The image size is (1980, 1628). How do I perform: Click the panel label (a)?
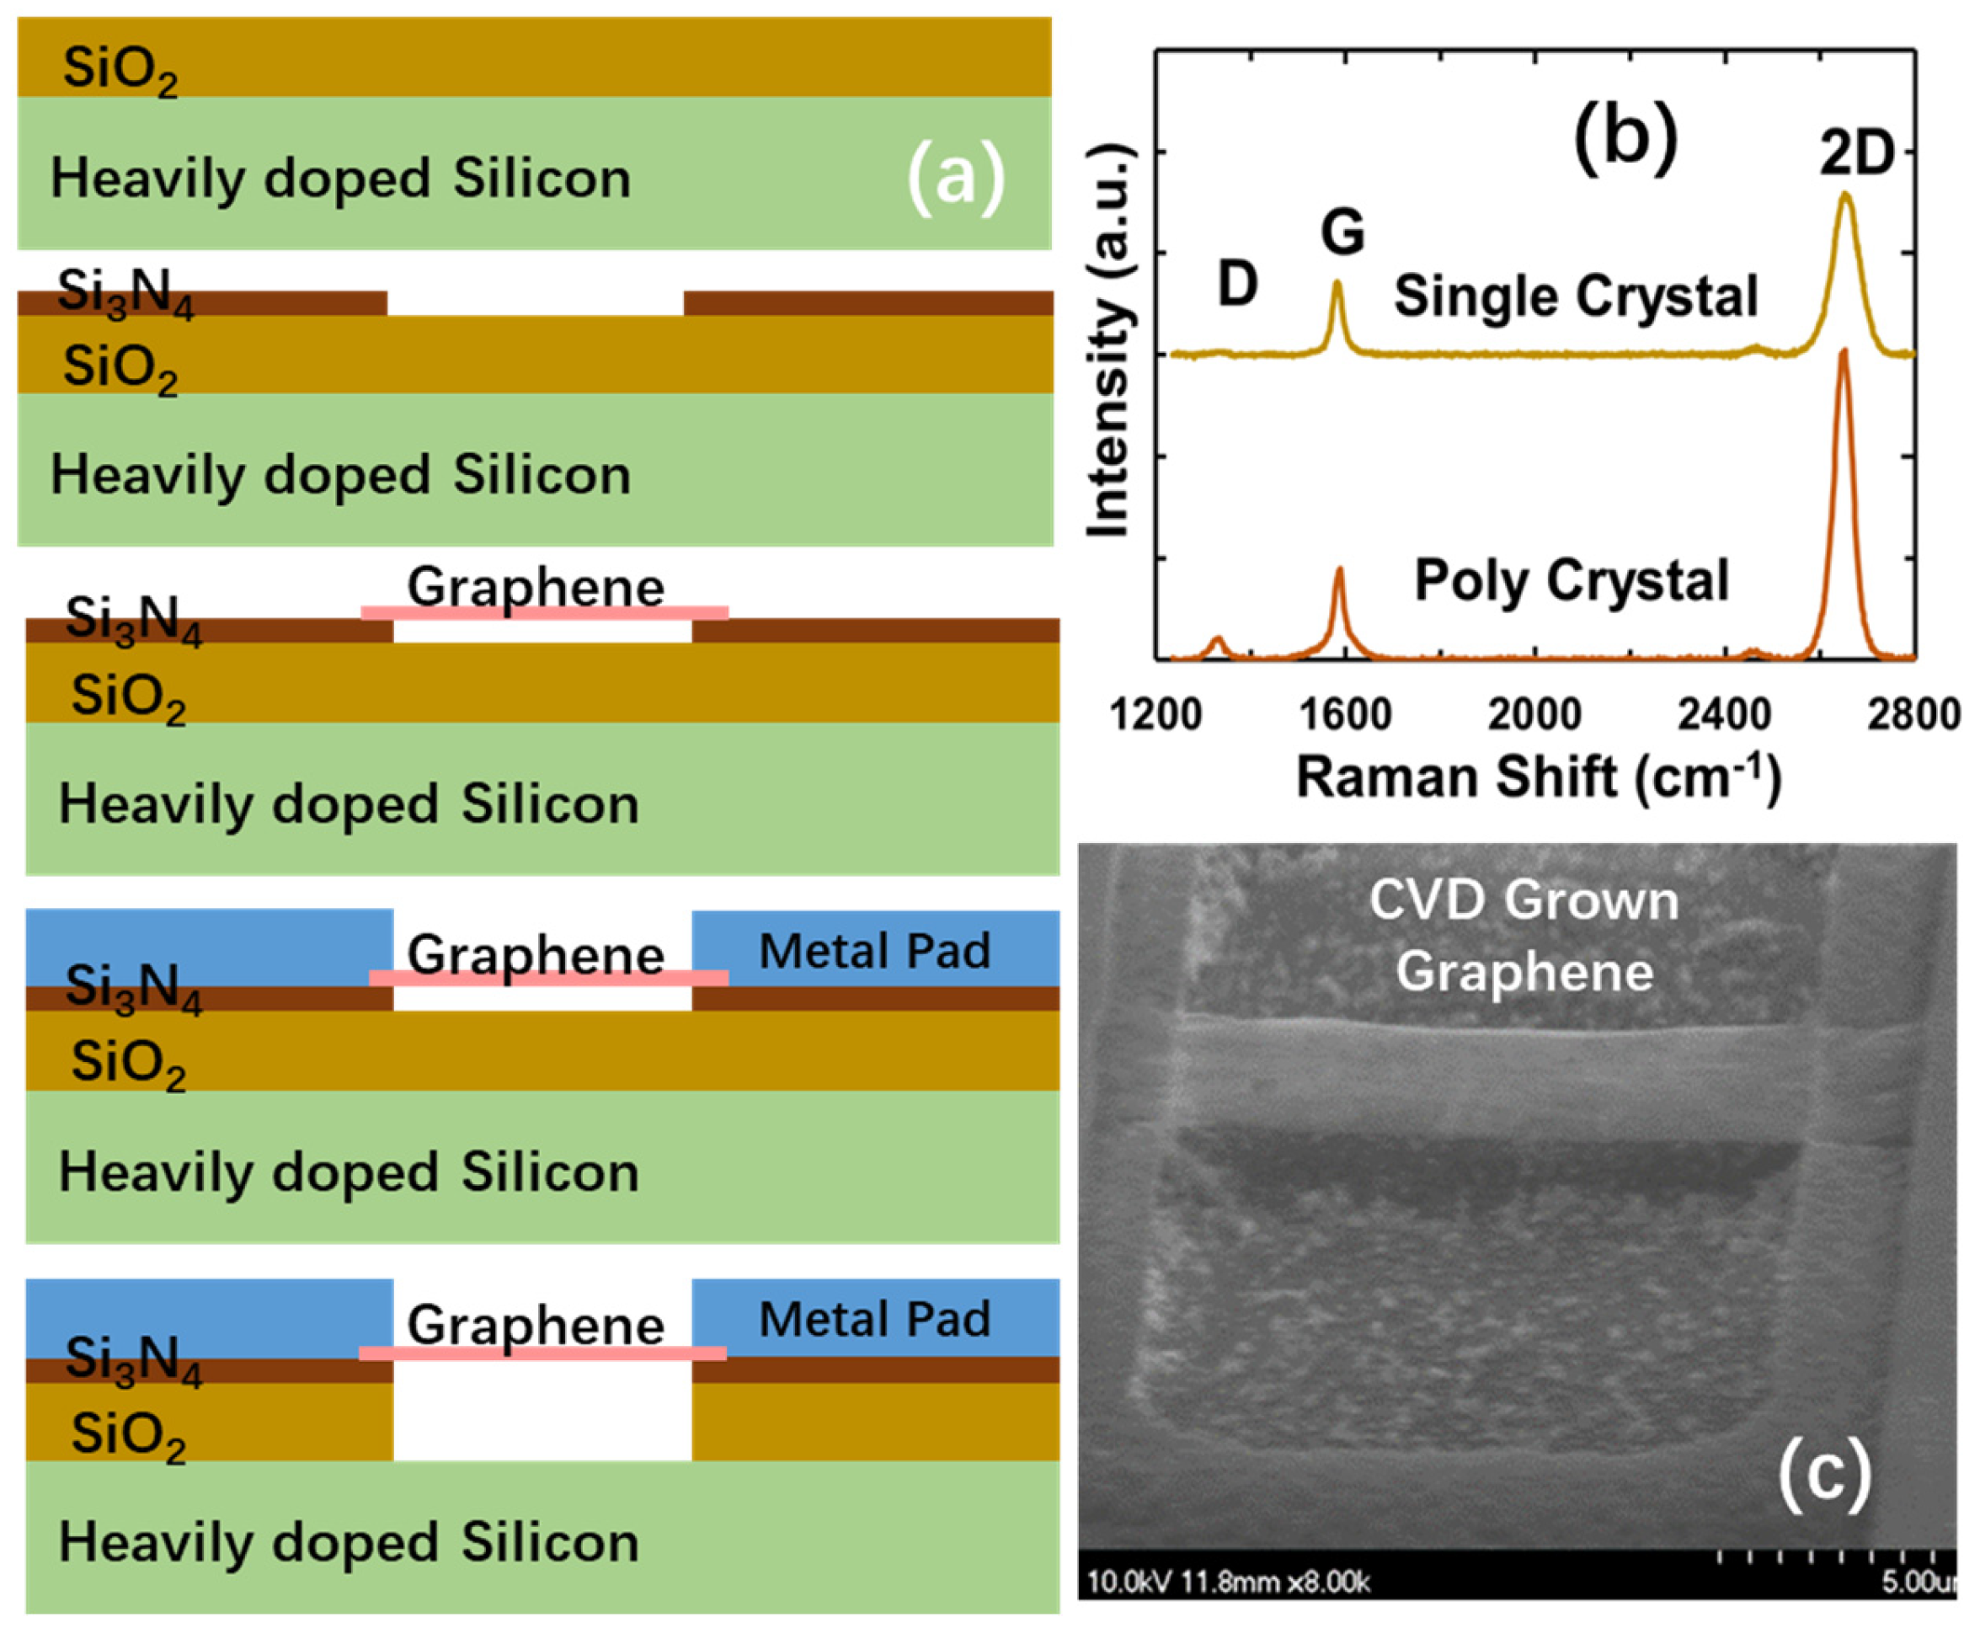point(955,179)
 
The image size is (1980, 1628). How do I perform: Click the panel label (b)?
point(1625,141)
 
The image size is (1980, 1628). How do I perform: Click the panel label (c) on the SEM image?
point(1823,1472)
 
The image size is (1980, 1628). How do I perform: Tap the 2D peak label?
point(1856,155)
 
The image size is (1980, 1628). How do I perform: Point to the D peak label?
point(1236,282)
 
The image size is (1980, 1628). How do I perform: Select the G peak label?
point(1342,232)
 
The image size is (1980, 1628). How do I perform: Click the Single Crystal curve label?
point(1575,297)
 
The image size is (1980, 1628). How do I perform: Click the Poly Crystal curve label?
point(1572,580)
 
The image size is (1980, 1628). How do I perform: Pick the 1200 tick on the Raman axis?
point(1155,716)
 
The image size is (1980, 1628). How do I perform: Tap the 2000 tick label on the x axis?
point(1534,716)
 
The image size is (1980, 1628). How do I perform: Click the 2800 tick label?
point(1913,716)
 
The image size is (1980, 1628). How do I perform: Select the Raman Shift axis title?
point(1538,777)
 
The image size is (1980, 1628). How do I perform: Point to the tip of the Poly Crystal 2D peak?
point(1843,352)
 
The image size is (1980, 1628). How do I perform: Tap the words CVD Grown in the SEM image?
point(1524,900)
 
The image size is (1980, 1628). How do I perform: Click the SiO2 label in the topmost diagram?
point(119,71)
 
